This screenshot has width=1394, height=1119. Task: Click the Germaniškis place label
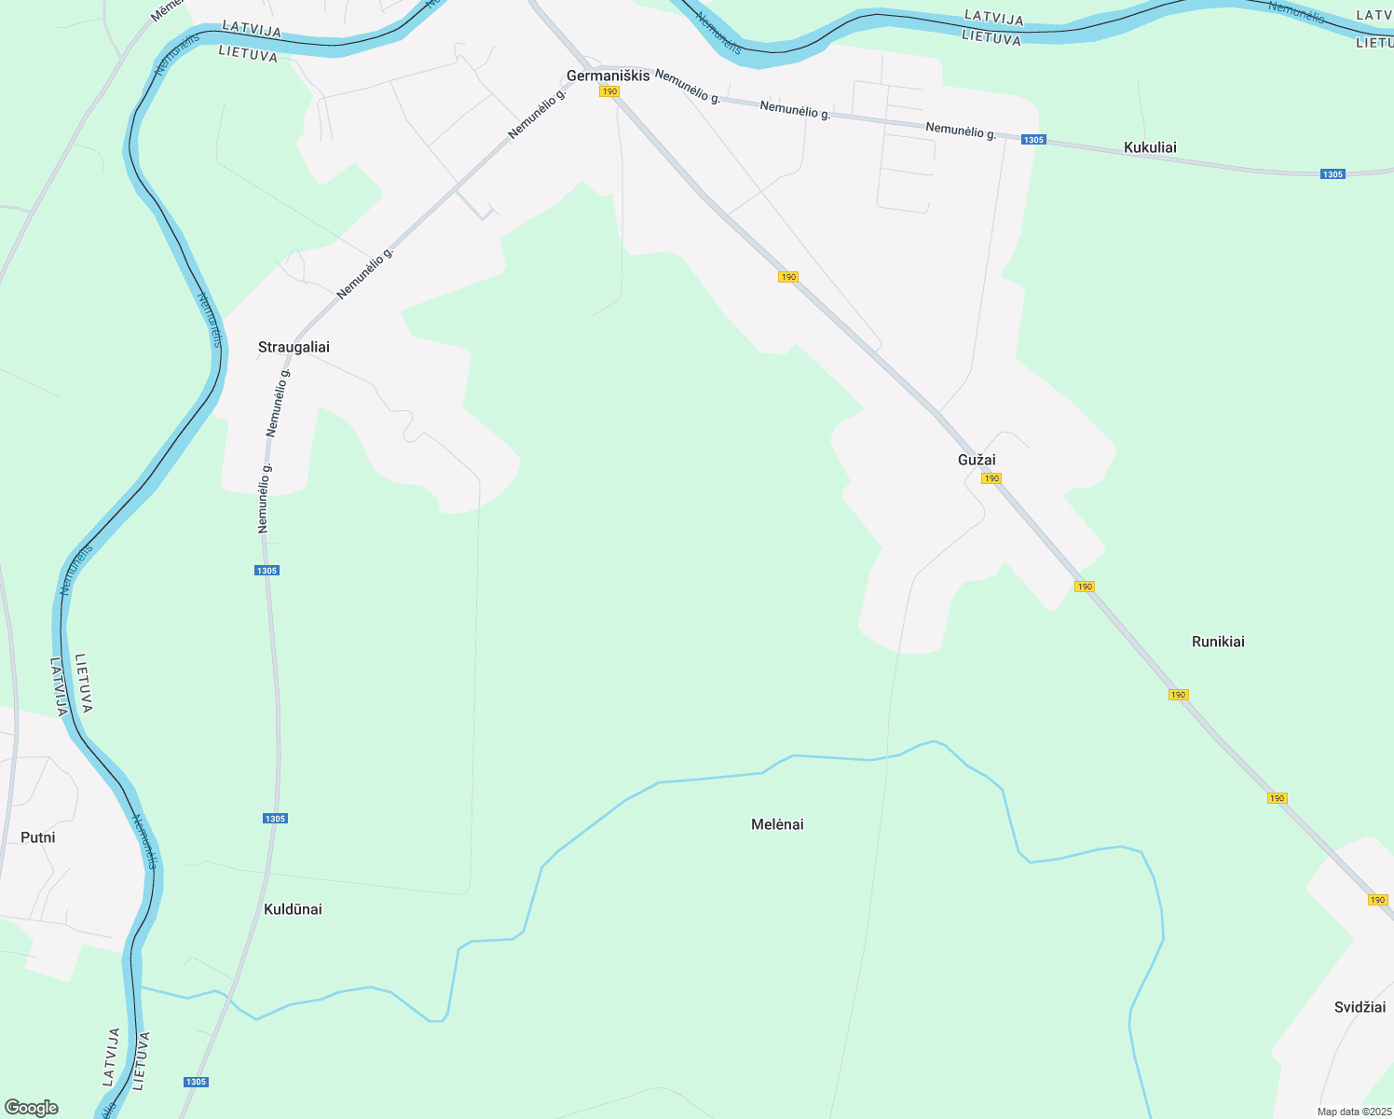click(608, 76)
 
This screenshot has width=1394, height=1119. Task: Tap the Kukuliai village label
click(1150, 147)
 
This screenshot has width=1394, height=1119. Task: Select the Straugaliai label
click(294, 347)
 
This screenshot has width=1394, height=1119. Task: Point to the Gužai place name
click(977, 460)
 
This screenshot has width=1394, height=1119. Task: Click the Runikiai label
click(1218, 642)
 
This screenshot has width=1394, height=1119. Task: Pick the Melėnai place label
click(777, 824)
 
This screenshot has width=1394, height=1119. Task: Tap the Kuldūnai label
click(293, 909)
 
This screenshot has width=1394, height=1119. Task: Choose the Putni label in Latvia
click(38, 837)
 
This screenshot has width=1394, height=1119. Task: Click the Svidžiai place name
click(1360, 1007)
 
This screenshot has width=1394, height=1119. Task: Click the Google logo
click(32, 1108)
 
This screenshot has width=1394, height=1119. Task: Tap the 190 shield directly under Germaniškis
click(609, 91)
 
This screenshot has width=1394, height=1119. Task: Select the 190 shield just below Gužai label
click(991, 478)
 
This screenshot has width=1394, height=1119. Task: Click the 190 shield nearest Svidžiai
click(1378, 900)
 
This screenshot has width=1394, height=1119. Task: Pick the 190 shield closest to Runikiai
click(1179, 695)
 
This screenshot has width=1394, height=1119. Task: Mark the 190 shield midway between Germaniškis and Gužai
click(788, 277)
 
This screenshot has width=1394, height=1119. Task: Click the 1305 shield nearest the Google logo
click(196, 1082)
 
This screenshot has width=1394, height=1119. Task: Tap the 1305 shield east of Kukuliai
click(1332, 174)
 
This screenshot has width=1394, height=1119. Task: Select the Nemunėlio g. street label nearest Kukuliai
click(961, 131)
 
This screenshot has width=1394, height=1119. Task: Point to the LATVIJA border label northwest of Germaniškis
click(252, 31)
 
